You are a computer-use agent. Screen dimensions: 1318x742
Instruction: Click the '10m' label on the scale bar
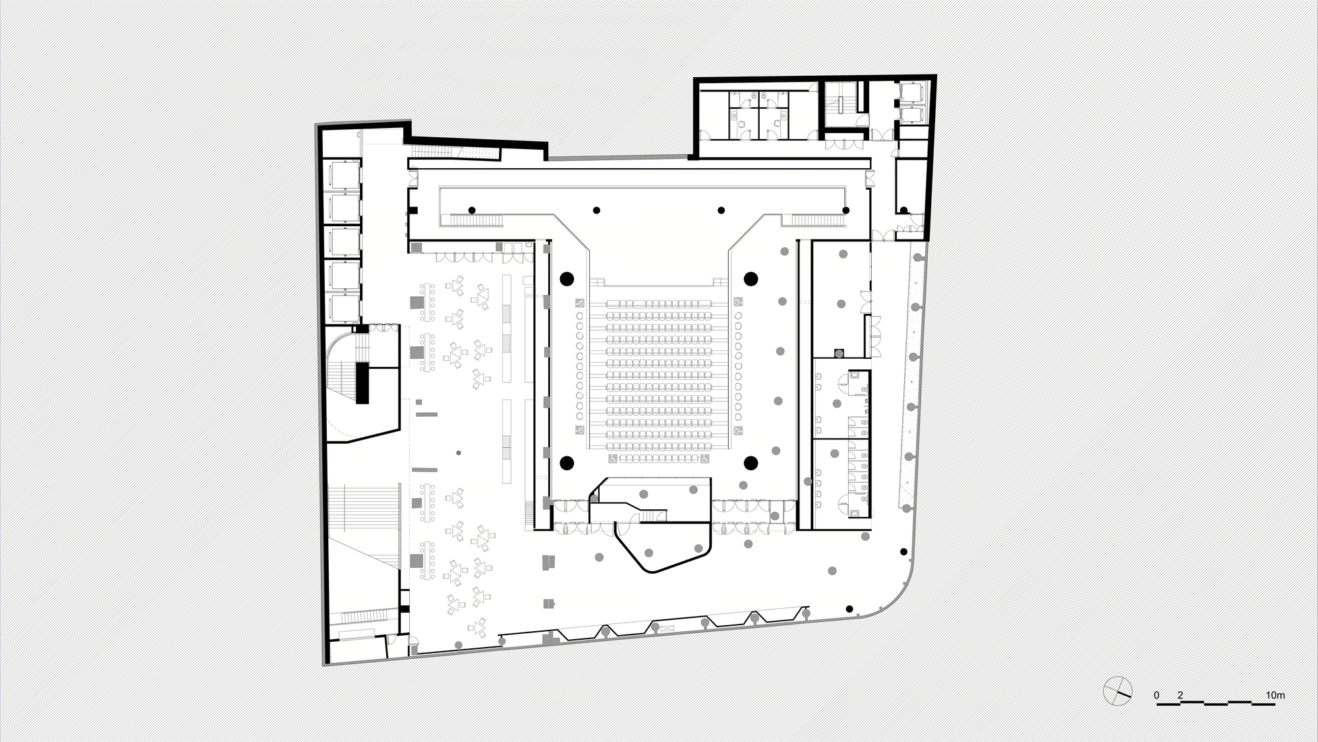[x=1275, y=695]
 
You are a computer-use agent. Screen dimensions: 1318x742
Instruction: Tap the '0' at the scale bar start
[x=1157, y=695]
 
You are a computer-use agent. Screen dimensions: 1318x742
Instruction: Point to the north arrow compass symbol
[x=1118, y=691]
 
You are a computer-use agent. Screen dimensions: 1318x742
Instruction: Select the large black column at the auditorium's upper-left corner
[x=566, y=278]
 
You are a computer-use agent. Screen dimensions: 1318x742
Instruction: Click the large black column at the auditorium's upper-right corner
[x=750, y=278]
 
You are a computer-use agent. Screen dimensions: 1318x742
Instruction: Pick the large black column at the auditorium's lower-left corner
[x=566, y=462]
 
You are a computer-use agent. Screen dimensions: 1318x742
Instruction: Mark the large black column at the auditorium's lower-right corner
[x=750, y=462]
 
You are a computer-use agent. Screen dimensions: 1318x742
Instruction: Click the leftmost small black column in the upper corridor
[x=472, y=210]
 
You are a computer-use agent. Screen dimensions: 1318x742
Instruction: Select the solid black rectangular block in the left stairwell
[x=362, y=383]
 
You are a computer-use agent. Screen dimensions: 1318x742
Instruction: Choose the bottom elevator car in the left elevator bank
[x=343, y=309]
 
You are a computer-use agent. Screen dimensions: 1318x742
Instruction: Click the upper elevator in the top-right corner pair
[x=911, y=93]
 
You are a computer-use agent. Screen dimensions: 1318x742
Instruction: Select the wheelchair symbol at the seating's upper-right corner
[x=737, y=303]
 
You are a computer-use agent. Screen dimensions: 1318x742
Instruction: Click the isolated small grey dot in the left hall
[x=459, y=453]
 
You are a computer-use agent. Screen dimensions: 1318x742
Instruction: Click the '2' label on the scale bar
[x=1180, y=695]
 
